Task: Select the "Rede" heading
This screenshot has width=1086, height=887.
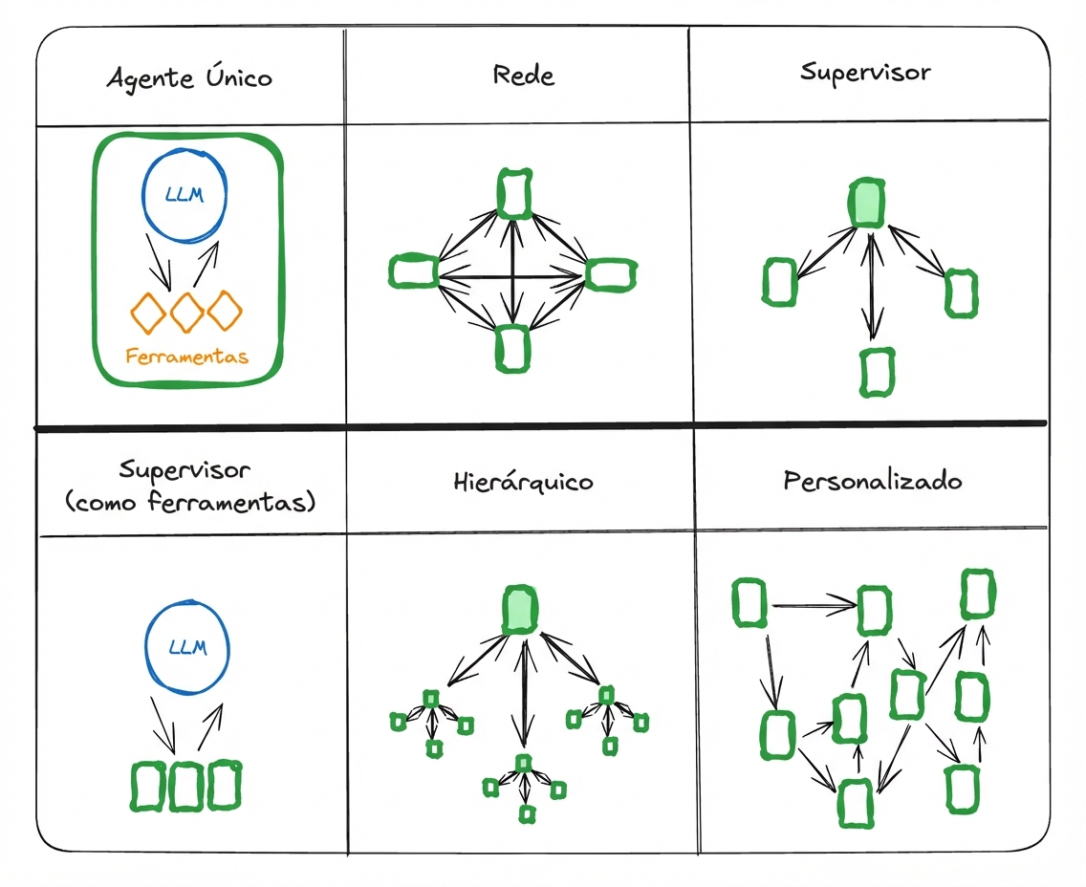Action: pos(523,75)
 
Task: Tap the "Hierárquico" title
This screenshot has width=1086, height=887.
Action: pos(523,482)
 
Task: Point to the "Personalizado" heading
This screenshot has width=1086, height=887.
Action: pos(872,480)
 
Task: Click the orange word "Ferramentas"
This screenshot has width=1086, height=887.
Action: pos(186,357)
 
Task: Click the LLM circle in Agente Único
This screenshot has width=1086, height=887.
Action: pos(185,196)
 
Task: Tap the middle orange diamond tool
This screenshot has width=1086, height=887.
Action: pos(186,312)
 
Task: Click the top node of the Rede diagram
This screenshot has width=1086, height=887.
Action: pos(514,192)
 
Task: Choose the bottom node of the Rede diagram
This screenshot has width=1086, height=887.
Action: pos(512,348)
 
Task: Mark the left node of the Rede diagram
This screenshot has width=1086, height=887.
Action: pos(413,271)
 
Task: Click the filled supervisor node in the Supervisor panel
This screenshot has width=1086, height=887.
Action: pos(866,203)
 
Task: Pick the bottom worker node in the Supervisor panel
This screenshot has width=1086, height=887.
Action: pos(875,372)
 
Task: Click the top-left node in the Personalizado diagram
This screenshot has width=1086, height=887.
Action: pos(749,603)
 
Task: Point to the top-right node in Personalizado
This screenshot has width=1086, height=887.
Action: pos(976,594)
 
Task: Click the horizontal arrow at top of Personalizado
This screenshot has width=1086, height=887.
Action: pos(813,604)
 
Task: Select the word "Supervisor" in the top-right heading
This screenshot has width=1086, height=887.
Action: pos(865,73)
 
